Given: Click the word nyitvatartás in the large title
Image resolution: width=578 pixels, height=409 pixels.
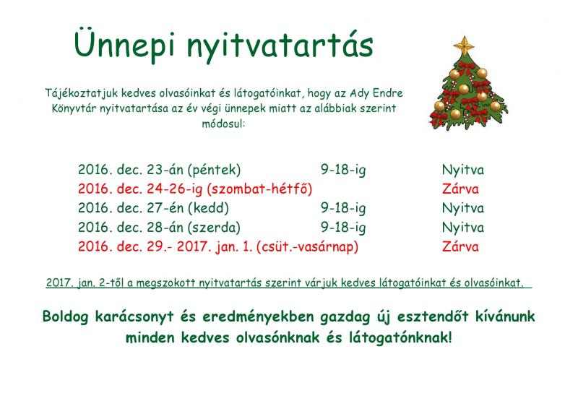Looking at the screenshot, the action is [280, 46].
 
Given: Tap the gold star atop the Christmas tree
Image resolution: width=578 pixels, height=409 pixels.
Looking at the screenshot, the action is [464, 45].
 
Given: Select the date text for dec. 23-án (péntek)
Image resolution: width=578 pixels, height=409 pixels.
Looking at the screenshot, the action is [159, 170].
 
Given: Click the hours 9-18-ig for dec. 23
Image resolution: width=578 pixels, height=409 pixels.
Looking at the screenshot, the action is [343, 170].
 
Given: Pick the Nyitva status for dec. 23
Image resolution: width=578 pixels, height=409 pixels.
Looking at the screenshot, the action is [463, 170].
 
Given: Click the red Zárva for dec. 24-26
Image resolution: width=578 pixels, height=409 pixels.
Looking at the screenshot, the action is [460, 189].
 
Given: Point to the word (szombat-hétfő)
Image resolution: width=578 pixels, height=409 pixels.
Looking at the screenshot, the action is [259, 189].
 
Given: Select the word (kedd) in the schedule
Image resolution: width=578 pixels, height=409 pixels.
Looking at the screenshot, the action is [208, 208].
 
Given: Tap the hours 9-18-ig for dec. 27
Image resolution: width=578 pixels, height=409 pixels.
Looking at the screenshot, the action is [343, 208].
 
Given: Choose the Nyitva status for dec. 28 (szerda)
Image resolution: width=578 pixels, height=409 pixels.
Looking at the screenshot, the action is [463, 227].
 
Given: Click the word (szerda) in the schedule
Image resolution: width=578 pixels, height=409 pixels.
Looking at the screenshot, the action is [214, 227].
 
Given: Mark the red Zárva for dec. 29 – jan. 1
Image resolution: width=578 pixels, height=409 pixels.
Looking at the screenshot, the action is [460, 246].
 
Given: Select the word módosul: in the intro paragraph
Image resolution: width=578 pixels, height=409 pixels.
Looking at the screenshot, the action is [223, 123].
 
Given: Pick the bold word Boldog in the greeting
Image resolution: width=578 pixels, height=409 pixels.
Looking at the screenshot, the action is [65, 317].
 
